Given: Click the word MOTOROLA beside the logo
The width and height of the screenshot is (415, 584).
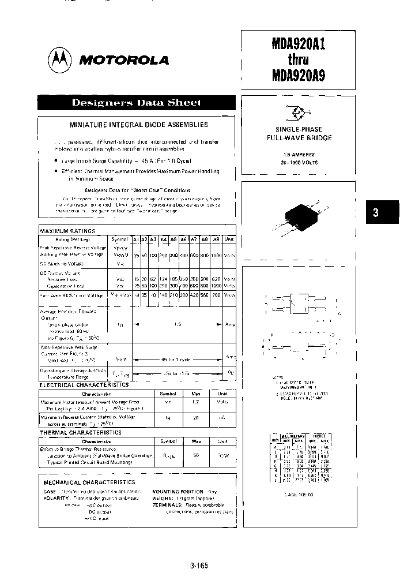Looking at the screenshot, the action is click(x=124, y=60).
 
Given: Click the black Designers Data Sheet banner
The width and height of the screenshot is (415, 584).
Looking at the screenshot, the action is click(x=137, y=103).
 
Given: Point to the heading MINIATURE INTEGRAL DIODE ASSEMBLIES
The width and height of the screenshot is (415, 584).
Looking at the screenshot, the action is click(x=139, y=125).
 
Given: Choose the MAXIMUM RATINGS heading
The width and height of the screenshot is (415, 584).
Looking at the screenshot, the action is click(x=67, y=231).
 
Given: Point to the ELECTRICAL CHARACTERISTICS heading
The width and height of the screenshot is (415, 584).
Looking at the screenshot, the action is click(x=84, y=384).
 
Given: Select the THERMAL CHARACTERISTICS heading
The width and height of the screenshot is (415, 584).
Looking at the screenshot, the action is click(x=80, y=432).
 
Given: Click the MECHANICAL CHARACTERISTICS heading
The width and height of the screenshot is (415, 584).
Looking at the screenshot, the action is click(x=90, y=482).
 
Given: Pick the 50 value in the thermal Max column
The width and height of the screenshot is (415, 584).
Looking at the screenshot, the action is click(x=196, y=455).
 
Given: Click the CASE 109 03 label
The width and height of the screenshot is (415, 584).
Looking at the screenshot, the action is click(x=299, y=495).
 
